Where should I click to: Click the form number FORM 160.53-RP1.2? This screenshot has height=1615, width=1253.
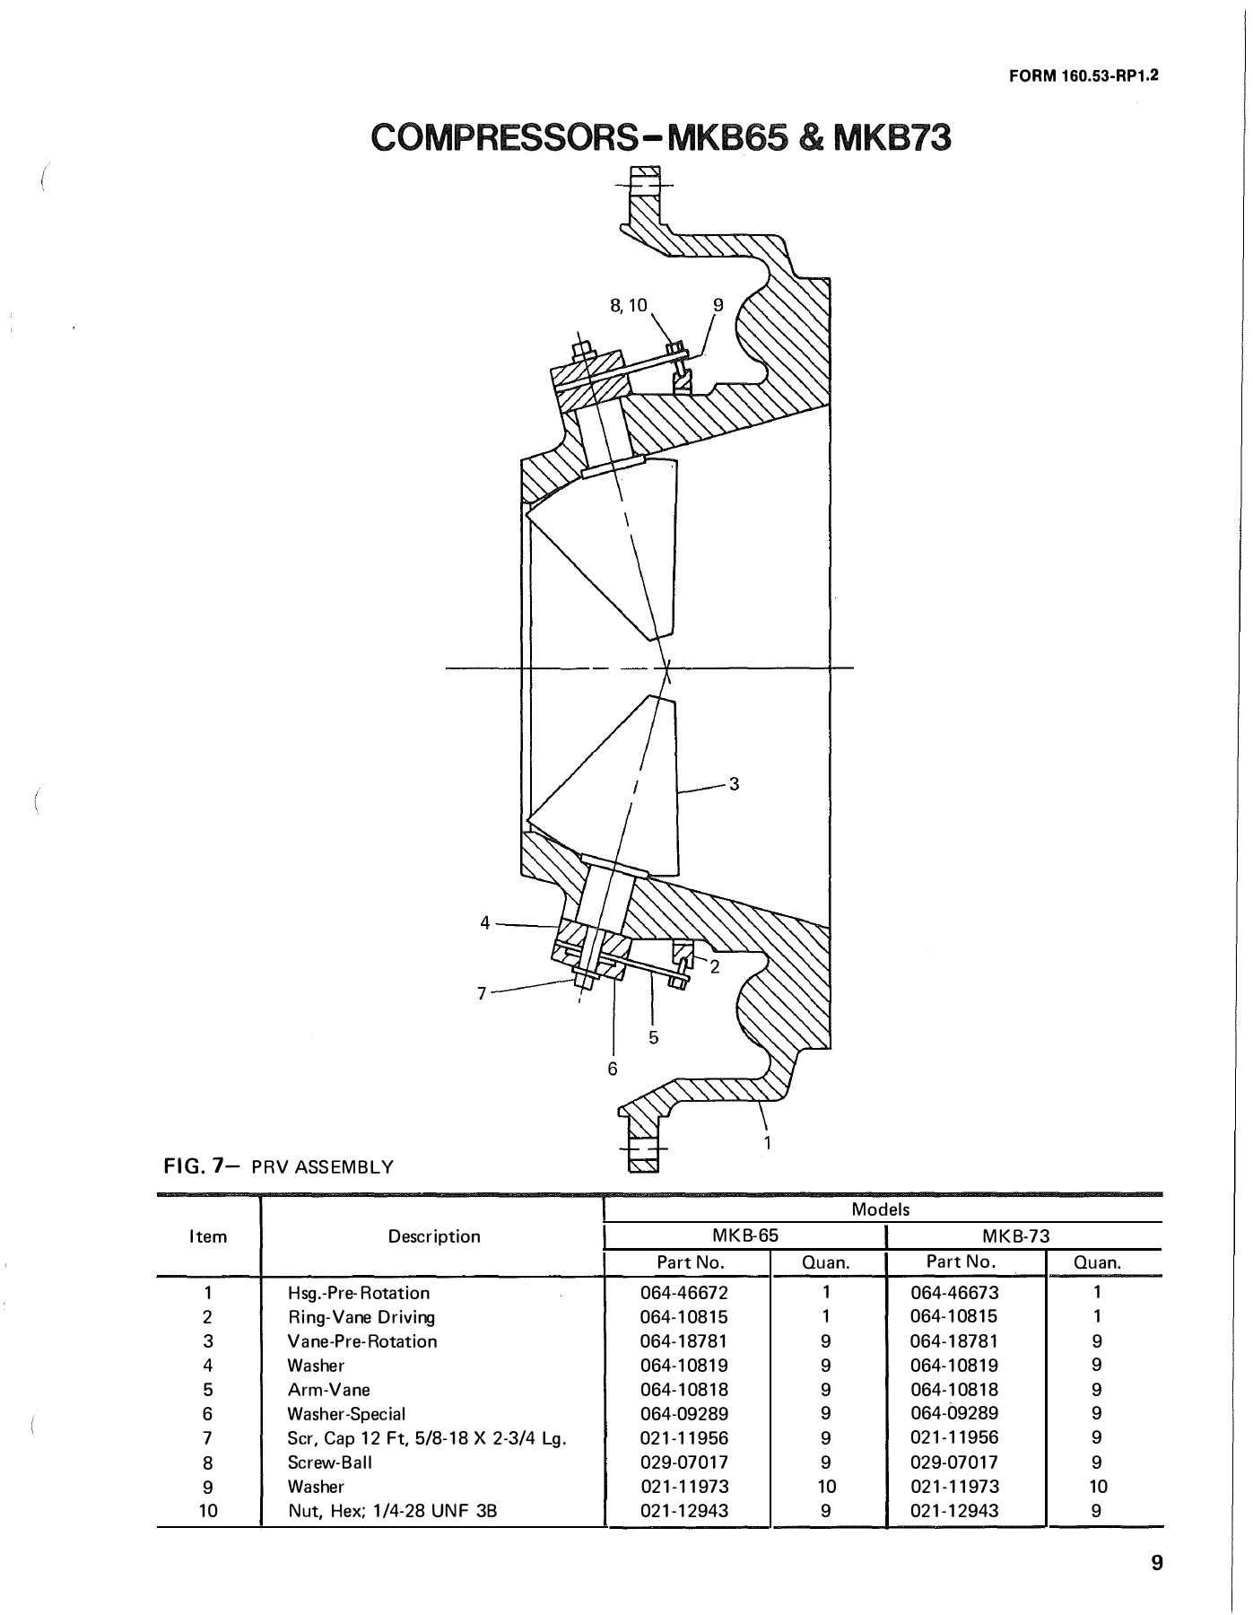pos(1084,76)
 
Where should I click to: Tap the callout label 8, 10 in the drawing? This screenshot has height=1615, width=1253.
pos(628,305)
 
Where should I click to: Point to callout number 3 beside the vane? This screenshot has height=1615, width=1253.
pos(734,784)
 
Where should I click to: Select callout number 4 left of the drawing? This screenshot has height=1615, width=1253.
pos(485,922)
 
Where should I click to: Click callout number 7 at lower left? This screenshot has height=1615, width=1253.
pos(482,993)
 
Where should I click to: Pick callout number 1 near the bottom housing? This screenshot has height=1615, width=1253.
pos(768,1142)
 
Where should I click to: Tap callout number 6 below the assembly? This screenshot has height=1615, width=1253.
pos(613,1069)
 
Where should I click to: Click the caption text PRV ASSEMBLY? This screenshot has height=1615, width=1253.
pos(322,1167)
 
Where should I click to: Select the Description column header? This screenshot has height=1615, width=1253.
pos(434,1236)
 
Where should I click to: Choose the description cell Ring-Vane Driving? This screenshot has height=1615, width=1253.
pos(361,1317)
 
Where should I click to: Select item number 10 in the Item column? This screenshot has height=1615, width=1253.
pos(207,1511)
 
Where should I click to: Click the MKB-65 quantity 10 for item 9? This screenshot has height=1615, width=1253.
pos(826,1487)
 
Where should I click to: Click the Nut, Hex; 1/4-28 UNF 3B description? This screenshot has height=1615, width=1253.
pos(392,1511)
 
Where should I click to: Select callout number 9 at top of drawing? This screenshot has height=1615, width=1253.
pos(717,305)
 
